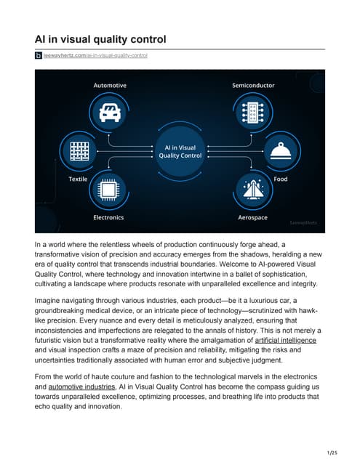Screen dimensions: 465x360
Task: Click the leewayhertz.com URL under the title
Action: pyautogui.click(x=95, y=55)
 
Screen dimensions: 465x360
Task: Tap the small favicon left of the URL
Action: pyautogui.click(x=39, y=55)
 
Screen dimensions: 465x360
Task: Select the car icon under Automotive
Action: pyautogui.click(x=110, y=113)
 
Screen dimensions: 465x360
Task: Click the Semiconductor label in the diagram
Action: pyautogui.click(x=253, y=86)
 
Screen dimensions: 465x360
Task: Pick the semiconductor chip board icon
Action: pyautogui.click(x=253, y=113)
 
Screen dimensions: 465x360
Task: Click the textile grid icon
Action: pyautogui.click(x=79, y=150)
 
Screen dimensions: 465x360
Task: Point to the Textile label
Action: pyautogui.click(x=78, y=179)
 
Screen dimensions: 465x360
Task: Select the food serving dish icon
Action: pyautogui.click(x=280, y=150)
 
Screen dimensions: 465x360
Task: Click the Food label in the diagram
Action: pyautogui.click(x=281, y=179)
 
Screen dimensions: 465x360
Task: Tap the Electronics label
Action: pyautogui.click(x=108, y=217)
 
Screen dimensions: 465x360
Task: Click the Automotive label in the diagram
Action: pyautogui.click(x=110, y=86)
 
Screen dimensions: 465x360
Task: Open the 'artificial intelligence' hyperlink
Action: pyautogui.click(x=285, y=339)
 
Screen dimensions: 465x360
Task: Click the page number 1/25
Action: pyautogui.click(x=332, y=453)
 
